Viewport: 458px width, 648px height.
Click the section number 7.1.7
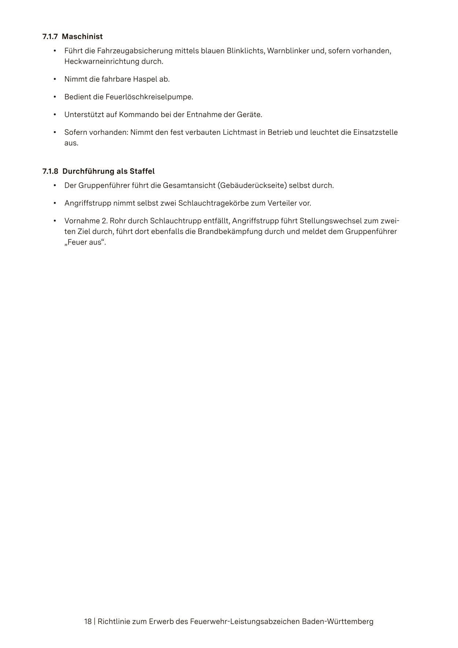click(x=50, y=37)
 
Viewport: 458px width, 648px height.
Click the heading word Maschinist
click(x=82, y=37)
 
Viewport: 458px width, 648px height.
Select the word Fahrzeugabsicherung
click(x=133, y=51)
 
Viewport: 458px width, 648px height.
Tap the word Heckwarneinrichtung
click(x=102, y=62)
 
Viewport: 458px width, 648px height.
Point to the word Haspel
click(x=145, y=79)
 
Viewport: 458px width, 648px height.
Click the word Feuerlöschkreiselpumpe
click(x=149, y=97)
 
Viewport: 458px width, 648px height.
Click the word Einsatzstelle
click(x=375, y=132)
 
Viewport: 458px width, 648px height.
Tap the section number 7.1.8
click(x=50, y=172)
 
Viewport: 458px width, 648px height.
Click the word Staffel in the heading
click(x=142, y=172)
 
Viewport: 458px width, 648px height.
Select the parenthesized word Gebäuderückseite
click(x=252, y=185)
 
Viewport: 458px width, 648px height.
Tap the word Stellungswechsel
click(x=330, y=221)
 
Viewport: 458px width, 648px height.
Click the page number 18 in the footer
click(x=88, y=622)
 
